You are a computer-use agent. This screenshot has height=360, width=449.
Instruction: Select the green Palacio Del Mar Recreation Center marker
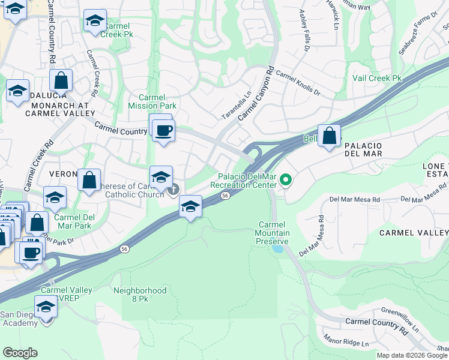point(286,179)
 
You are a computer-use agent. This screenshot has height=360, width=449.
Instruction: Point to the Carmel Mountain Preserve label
point(273,233)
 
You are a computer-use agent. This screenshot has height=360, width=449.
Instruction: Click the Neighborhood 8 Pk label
point(140,295)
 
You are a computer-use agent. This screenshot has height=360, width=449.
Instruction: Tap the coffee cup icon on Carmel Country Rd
point(162,130)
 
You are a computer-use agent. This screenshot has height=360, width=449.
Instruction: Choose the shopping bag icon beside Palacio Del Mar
point(329,136)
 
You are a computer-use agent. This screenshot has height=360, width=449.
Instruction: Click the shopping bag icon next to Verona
point(89,180)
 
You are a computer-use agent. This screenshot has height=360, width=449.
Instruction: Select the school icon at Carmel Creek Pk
point(95,22)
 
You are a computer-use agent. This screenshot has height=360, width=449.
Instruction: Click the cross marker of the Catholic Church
point(173,191)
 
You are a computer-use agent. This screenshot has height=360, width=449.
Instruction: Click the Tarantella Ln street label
point(237,105)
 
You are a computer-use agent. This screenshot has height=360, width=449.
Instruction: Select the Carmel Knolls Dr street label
point(298,85)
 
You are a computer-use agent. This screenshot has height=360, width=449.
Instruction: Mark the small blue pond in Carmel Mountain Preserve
point(277,247)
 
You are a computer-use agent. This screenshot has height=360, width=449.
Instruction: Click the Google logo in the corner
point(20,353)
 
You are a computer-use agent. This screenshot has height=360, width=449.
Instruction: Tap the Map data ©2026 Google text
point(412,355)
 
